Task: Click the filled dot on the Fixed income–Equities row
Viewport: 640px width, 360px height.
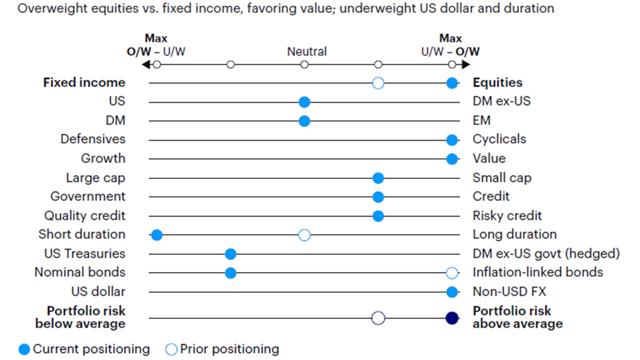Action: [x=452, y=83]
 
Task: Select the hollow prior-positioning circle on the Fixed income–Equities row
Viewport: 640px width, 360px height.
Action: [x=378, y=83]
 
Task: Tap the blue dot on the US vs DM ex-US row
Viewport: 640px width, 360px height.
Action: [x=304, y=102]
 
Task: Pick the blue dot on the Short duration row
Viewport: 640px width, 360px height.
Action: [x=156, y=235]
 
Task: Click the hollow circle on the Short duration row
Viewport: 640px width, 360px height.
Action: [x=304, y=235]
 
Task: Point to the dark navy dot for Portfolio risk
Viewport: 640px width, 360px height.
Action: [x=452, y=318]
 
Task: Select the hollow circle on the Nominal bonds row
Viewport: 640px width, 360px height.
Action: [x=452, y=273]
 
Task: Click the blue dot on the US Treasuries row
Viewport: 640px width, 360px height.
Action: [x=230, y=254]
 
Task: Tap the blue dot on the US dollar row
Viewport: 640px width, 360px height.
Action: [x=452, y=292]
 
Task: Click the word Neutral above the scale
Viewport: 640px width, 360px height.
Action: [x=306, y=51]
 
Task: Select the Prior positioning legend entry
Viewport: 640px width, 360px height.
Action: [x=222, y=349]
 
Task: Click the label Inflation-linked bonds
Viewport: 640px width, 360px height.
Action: [x=537, y=272]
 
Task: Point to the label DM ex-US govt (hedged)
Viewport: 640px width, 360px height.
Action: [x=546, y=253]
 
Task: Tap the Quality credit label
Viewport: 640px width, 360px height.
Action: [x=84, y=215]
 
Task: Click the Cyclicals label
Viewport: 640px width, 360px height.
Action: [x=499, y=139]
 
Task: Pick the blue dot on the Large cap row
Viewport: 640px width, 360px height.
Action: [x=378, y=178]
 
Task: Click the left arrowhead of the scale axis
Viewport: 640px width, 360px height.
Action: [x=145, y=64]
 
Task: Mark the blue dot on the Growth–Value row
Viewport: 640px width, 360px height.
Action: [x=452, y=159]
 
